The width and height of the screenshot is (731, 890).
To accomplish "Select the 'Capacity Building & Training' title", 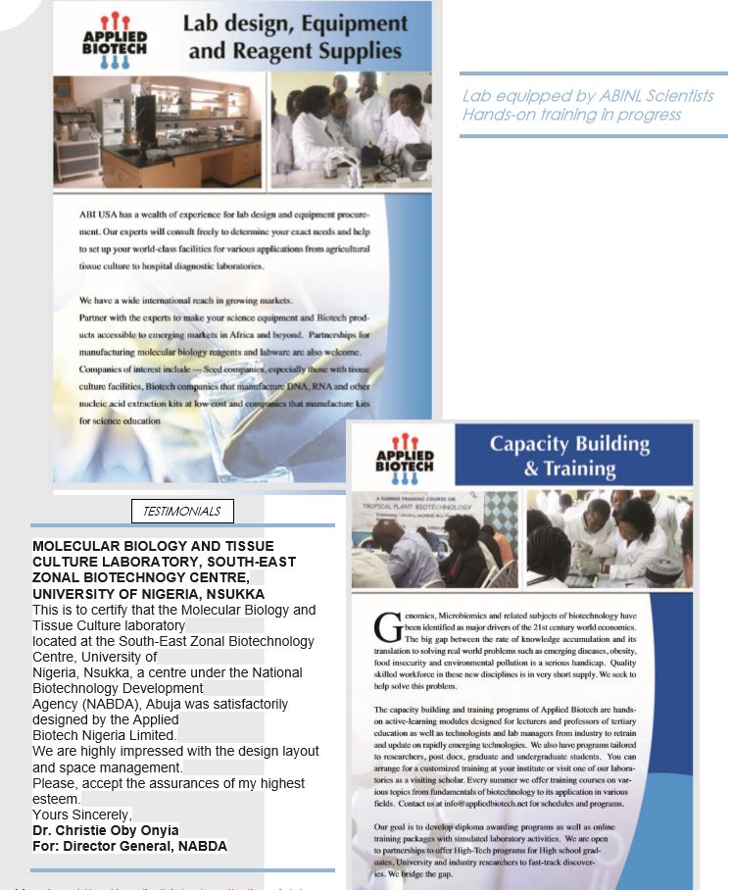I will click(x=569, y=456).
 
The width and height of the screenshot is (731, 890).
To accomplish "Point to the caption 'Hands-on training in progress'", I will click(x=571, y=115).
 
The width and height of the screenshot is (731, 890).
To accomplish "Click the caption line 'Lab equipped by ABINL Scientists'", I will click(x=588, y=96).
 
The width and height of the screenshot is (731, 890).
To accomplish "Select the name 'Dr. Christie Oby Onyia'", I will click(x=106, y=830).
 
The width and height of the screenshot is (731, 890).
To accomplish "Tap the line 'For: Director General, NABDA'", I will click(x=129, y=846).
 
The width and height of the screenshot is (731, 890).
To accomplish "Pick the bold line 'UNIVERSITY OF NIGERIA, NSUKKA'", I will click(x=148, y=594).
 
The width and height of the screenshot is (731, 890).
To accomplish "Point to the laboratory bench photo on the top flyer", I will click(x=158, y=120).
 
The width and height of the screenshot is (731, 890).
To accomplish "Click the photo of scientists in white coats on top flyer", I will click(x=350, y=120).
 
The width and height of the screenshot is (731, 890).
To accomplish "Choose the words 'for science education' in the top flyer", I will click(x=121, y=420).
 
